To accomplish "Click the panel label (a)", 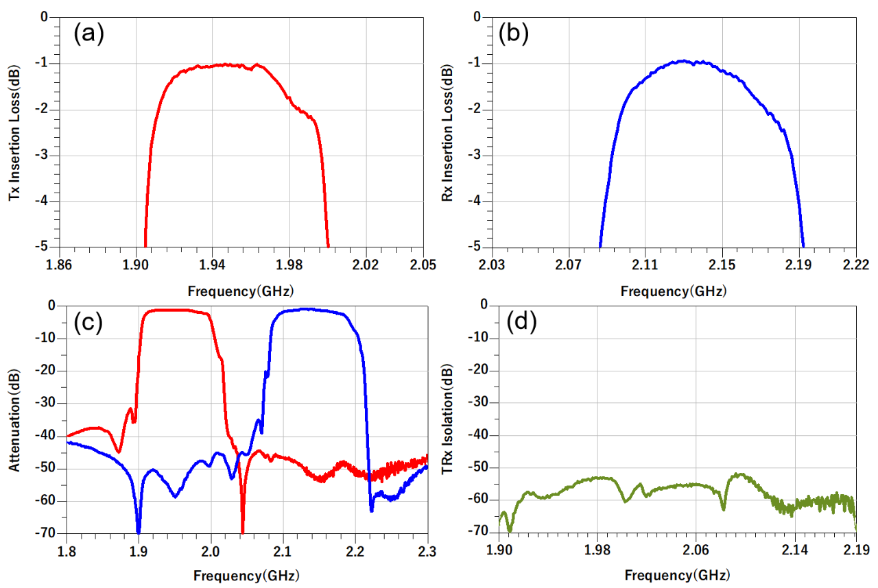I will tap(88, 34).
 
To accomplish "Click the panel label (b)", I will tap(514, 34).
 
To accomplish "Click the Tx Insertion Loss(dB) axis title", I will tap(14, 132).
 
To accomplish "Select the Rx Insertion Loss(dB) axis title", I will tap(448, 132).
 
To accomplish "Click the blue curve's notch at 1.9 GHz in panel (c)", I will tap(139, 530).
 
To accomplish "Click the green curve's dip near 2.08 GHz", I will tap(723, 508).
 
